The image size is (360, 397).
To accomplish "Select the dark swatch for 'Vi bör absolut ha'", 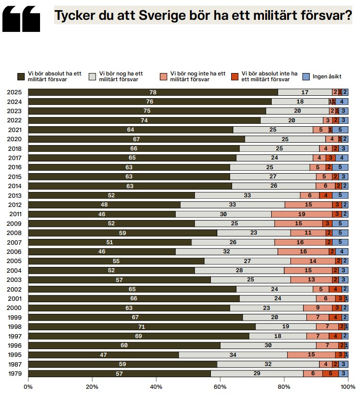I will [21, 76].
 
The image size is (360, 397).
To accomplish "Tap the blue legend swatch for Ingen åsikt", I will [305, 76].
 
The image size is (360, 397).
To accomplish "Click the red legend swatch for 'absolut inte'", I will [235, 76].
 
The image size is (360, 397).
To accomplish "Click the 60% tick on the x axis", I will [220, 386].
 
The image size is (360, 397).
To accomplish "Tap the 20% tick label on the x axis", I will [92, 386].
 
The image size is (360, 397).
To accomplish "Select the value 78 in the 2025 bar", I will [152, 92].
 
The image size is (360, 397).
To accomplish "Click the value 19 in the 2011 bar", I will [301, 214].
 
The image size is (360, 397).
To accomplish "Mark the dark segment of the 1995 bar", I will [103, 354].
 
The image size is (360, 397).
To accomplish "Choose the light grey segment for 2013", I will [247, 195].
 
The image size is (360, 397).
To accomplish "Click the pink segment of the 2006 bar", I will [303, 251].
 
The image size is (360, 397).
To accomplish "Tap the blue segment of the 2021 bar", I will [340, 130].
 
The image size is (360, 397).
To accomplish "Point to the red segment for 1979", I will [331, 373].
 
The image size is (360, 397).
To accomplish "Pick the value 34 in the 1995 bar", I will [233, 354].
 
